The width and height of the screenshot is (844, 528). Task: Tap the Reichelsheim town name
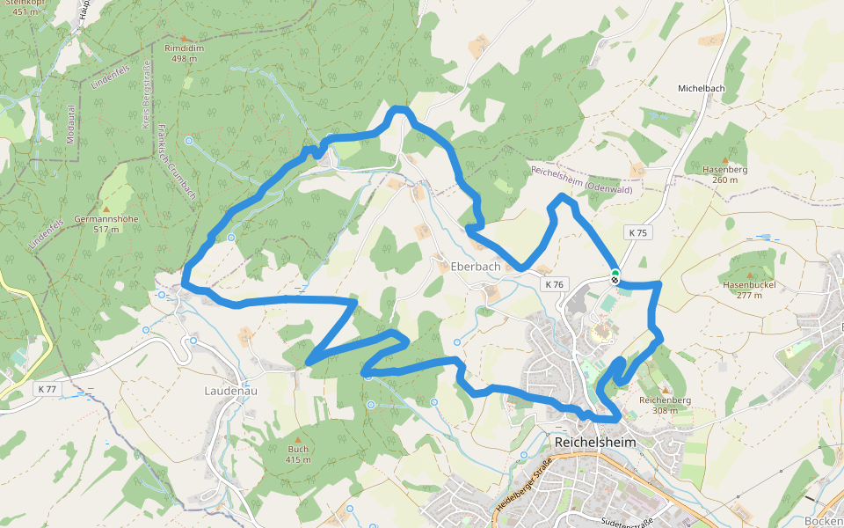[593, 442]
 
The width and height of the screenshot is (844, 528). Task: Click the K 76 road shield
[553, 284]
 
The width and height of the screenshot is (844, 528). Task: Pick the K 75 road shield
[638, 232]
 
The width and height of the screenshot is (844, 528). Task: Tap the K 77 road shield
[47, 388]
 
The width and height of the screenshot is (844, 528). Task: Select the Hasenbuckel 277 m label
[748, 290]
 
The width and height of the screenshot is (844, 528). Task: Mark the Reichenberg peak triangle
[666, 390]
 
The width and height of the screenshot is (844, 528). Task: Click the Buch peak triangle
[298, 438]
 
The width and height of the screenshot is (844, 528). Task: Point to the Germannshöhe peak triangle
[107, 209]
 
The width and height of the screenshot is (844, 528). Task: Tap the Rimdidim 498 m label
[185, 54]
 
